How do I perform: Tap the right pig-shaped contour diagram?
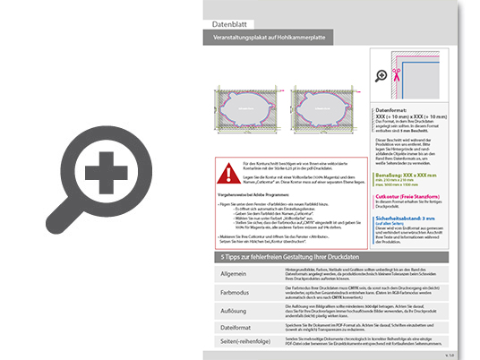tap(319, 115)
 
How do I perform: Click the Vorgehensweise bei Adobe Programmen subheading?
tap(258, 193)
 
